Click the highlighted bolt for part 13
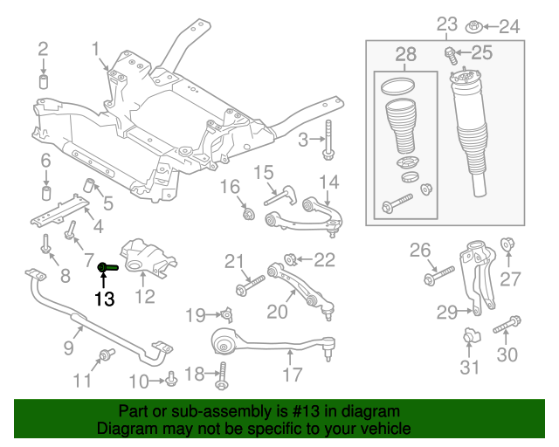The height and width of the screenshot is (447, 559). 108,268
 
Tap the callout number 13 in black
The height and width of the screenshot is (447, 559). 104,299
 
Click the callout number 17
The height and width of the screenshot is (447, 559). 292,375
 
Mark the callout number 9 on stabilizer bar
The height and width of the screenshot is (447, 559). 67,348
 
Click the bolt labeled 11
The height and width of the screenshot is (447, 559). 107,354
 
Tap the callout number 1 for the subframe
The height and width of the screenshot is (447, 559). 94,51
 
